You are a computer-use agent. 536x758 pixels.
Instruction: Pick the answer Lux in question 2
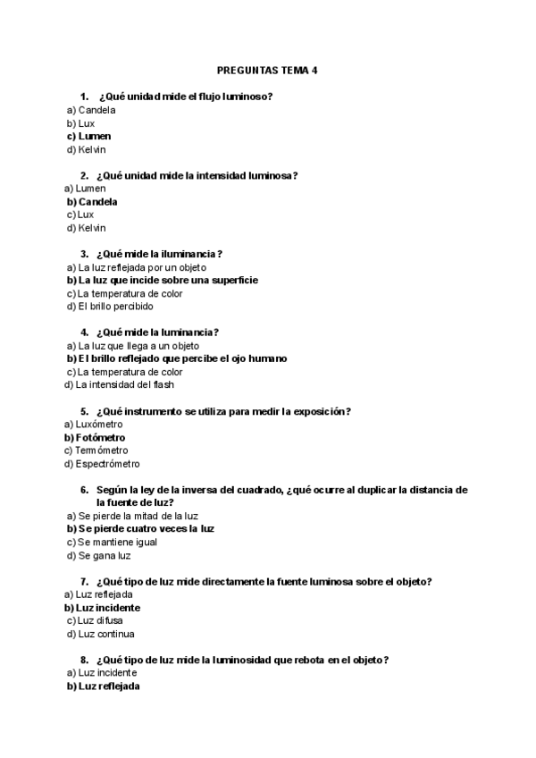click(85, 215)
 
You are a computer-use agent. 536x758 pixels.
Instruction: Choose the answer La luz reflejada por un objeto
click(142, 267)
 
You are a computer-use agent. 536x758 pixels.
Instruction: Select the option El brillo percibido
click(114, 306)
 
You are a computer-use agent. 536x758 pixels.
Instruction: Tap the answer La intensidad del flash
click(124, 384)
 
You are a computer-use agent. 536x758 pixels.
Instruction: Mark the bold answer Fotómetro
click(98, 438)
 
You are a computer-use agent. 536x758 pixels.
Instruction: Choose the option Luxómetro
click(99, 425)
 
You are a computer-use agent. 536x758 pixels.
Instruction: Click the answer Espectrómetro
click(107, 464)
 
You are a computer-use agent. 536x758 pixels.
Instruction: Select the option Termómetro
click(101, 451)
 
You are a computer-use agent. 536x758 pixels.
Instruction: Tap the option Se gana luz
click(104, 555)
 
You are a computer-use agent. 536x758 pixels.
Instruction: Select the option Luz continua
click(105, 634)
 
